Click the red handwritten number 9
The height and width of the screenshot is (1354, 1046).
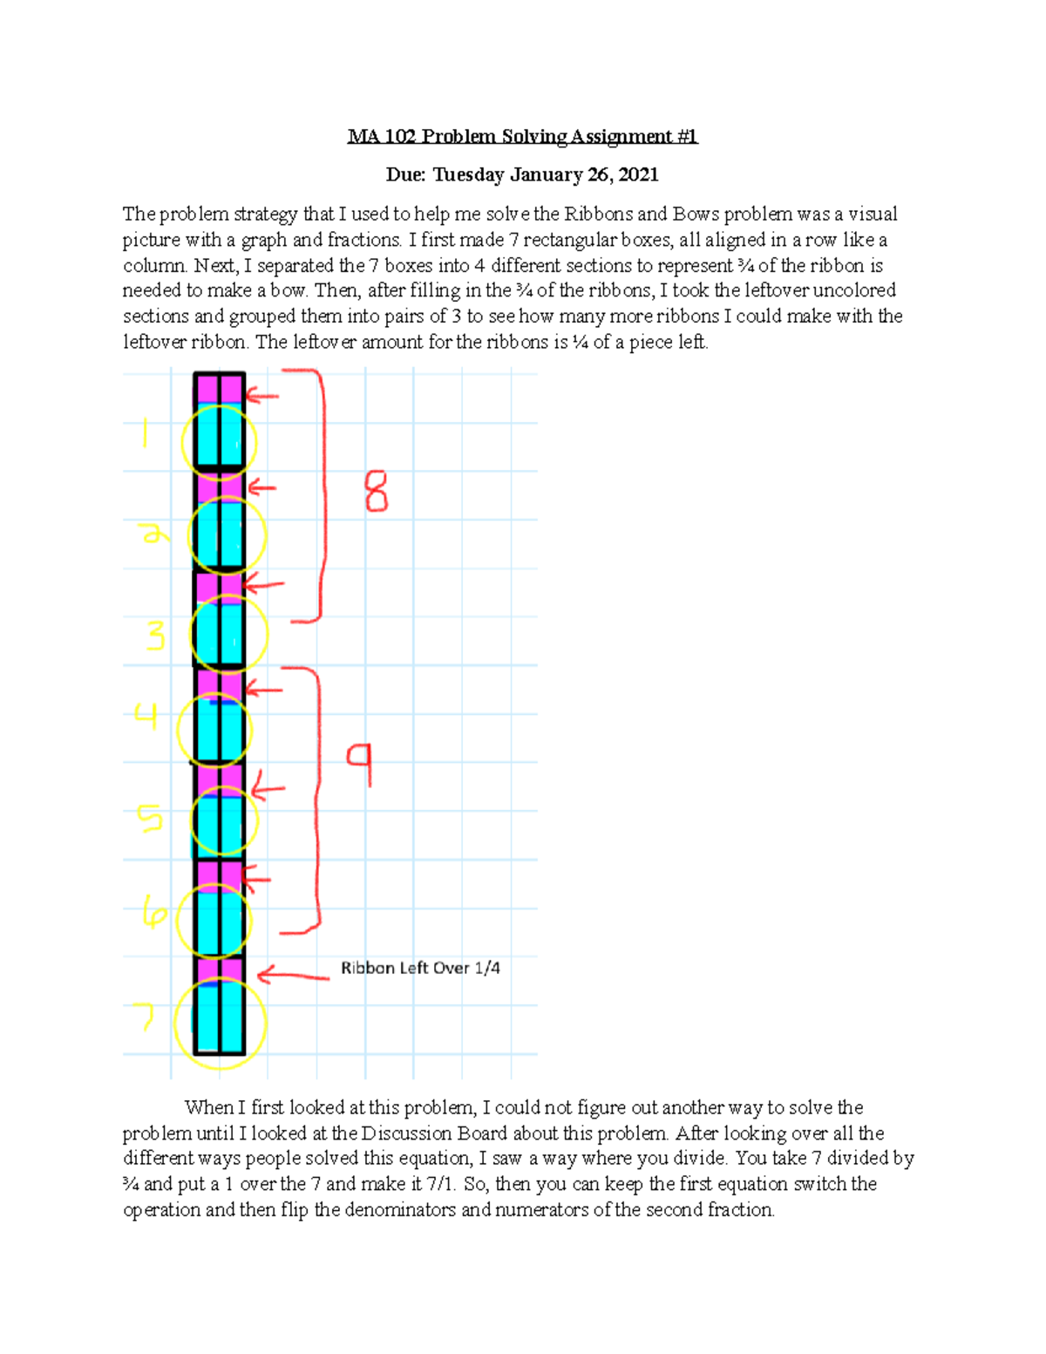[x=360, y=764]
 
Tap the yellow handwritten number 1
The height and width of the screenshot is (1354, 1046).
[x=146, y=434]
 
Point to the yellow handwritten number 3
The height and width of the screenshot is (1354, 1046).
[x=155, y=637]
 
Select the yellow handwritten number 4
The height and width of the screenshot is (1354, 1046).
[x=146, y=717]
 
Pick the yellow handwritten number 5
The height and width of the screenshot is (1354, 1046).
[x=150, y=819]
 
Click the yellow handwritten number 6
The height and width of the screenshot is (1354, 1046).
[x=154, y=915]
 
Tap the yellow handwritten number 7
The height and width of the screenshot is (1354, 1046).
[x=143, y=1016]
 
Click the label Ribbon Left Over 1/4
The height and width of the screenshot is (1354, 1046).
[x=420, y=968]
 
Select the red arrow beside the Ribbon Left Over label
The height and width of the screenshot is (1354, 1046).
[x=292, y=976]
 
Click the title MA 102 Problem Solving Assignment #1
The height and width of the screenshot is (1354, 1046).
[x=522, y=137]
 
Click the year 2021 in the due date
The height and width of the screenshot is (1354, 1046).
[x=638, y=175]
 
